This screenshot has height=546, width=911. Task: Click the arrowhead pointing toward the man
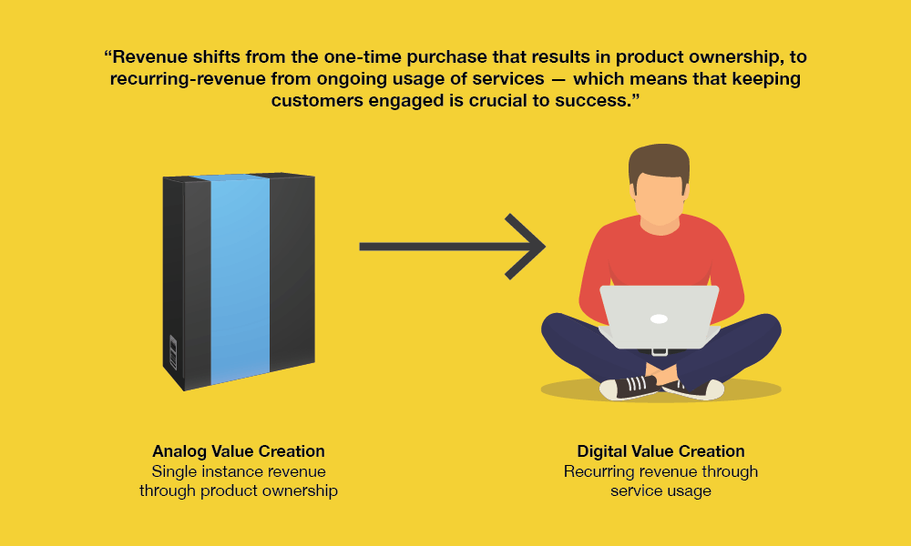(x=526, y=247)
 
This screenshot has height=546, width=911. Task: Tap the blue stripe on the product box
(x=240, y=278)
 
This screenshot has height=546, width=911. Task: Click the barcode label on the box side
(x=172, y=351)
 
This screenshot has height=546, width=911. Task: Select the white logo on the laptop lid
(x=659, y=318)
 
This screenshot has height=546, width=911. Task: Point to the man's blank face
(x=659, y=197)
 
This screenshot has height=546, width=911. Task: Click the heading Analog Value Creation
(x=238, y=450)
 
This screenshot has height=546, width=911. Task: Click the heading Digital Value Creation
(x=660, y=450)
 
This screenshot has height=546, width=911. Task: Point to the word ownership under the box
(x=300, y=490)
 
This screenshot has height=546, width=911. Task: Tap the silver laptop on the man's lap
(x=659, y=317)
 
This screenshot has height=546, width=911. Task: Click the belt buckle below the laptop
(x=659, y=351)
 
